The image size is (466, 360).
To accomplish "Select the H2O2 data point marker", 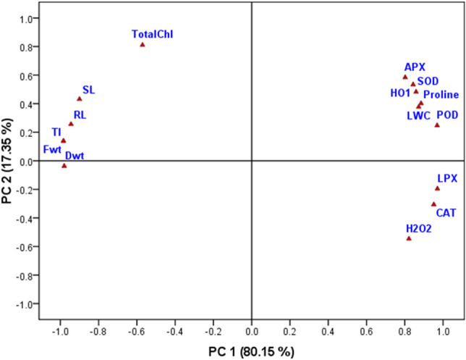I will pos(409,238).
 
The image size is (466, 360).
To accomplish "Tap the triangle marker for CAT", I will pos(433,204).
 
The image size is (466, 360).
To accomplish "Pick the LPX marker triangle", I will pos(437,188).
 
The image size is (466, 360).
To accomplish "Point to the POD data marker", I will pos(437,125).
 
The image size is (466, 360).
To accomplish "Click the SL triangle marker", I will pos(80,99).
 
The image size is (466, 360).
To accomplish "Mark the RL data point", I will pos(71,124).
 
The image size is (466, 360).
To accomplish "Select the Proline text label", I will pos(440,95).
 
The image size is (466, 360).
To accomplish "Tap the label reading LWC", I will pos(418,115).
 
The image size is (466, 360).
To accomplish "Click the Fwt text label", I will pos(52,149).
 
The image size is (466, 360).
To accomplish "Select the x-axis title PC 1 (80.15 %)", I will pos(250,351).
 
